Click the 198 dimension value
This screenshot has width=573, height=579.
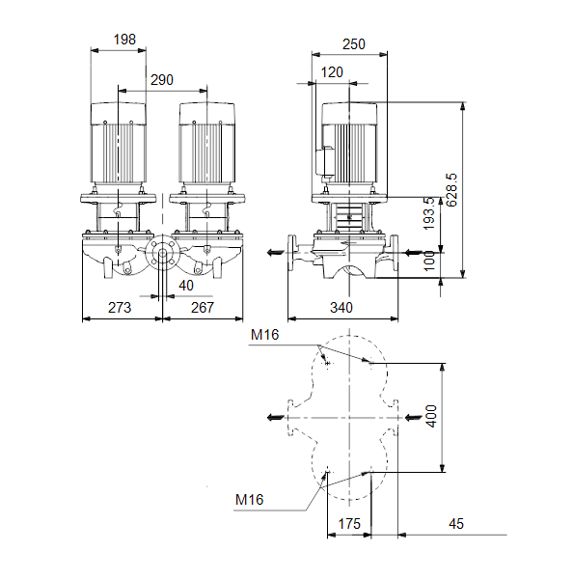point(124,40)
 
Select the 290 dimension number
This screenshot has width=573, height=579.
point(162,80)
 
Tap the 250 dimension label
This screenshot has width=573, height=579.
point(354,44)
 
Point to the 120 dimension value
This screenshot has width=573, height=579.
point(332,72)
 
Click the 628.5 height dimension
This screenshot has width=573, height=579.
point(451,190)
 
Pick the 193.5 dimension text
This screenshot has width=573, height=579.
point(429,213)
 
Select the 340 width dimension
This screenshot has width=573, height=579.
point(341,307)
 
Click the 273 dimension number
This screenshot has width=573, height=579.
point(120,307)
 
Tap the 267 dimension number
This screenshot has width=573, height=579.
point(203,307)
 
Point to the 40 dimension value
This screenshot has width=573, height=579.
point(186,286)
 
